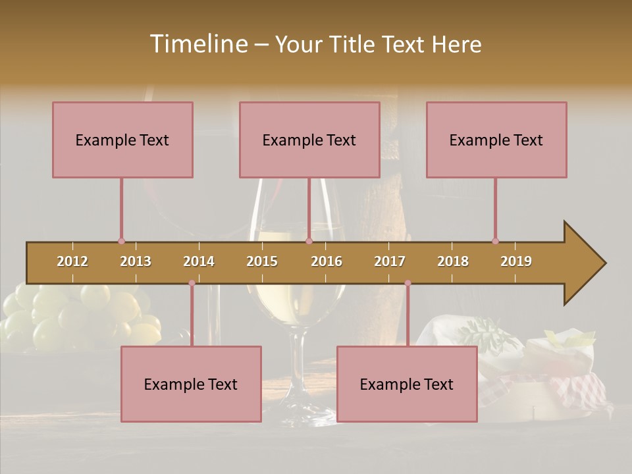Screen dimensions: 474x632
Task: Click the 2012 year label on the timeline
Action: click(72, 261)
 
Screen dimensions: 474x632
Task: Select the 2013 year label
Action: click(136, 261)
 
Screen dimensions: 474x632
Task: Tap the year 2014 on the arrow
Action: click(199, 261)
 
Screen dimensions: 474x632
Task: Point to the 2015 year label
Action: click(262, 261)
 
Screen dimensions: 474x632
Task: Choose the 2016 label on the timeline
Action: click(327, 261)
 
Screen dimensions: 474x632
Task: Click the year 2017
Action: click(390, 261)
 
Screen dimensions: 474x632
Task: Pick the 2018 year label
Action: click(453, 261)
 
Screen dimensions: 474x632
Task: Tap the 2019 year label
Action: click(516, 261)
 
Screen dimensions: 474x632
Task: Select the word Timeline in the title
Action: click(197, 44)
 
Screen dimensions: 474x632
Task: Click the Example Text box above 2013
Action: click(122, 140)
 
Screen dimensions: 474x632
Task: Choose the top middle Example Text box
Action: click(309, 140)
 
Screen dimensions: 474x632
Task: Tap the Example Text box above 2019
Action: click(496, 140)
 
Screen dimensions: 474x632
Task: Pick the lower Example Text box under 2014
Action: click(191, 384)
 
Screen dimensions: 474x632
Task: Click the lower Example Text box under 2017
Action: click(407, 384)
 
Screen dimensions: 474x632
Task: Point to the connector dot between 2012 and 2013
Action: click(121, 241)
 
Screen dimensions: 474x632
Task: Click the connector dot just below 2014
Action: click(192, 283)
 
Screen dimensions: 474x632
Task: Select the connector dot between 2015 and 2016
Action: click(309, 241)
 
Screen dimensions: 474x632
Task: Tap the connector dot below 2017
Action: click(408, 283)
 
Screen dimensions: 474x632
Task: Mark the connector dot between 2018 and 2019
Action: click(495, 241)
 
